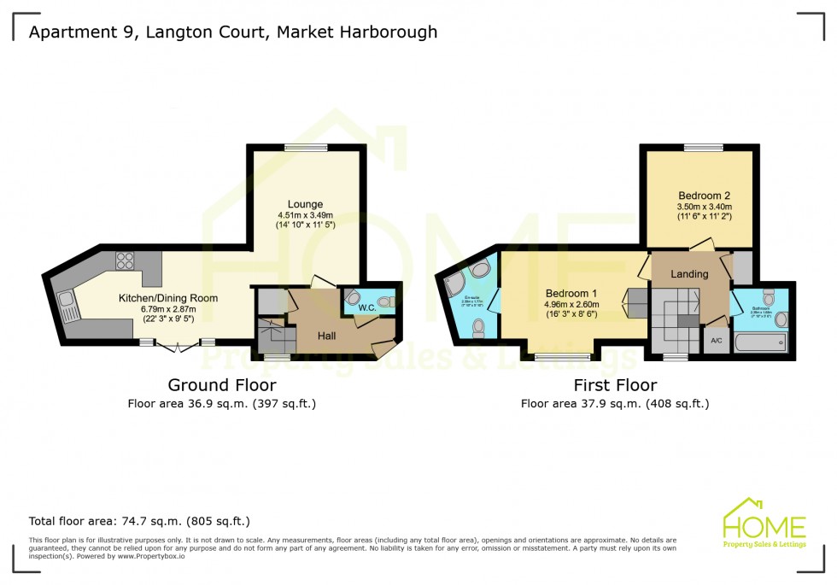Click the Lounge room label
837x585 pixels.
click(x=305, y=204)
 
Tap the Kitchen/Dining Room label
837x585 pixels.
click(x=168, y=298)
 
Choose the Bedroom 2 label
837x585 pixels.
click(x=704, y=195)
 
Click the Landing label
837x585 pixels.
click(x=689, y=274)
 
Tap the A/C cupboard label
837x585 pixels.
click(x=715, y=340)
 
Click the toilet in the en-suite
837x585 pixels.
click(x=480, y=326)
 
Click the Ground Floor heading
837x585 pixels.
click(x=221, y=385)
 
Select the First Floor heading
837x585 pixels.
click(x=615, y=385)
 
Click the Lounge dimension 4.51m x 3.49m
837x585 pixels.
click(x=305, y=215)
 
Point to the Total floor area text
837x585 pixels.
click(x=139, y=521)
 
